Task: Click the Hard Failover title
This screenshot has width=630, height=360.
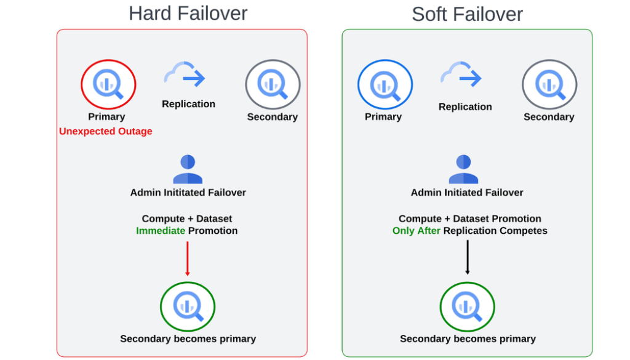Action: [x=188, y=13]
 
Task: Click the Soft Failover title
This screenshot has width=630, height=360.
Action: [x=467, y=14]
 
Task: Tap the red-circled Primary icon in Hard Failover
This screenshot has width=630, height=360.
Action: [x=108, y=84]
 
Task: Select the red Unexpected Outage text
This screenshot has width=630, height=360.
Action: [x=106, y=131]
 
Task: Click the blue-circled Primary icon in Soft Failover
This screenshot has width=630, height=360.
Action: [x=385, y=84]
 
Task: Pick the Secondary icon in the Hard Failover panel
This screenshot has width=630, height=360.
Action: [x=273, y=84]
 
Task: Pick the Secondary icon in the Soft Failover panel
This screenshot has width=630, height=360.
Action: [x=549, y=84]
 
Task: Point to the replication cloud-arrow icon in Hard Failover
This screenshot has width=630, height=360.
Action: [x=185, y=75]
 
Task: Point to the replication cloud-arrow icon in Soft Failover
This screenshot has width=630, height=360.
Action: [x=461, y=75]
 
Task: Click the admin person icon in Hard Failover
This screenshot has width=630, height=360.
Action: [x=188, y=169]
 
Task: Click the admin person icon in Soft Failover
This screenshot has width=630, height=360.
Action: [x=463, y=169]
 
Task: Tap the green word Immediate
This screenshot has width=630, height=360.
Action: [x=161, y=231]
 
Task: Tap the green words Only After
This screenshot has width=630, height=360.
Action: [x=417, y=231]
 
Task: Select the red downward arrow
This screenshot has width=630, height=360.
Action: [x=188, y=258]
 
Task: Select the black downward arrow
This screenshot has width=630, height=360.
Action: [x=467, y=257]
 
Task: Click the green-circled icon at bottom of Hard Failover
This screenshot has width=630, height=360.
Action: [x=188, y=306]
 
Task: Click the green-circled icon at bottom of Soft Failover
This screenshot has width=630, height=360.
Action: [x=467, y=306]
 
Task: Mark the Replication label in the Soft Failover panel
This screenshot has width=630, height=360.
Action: [x=465, y=106]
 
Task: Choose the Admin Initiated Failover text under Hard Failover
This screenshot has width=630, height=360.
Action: [x=188, y=193]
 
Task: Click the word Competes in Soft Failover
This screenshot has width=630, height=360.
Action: [x=524, y=231]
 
